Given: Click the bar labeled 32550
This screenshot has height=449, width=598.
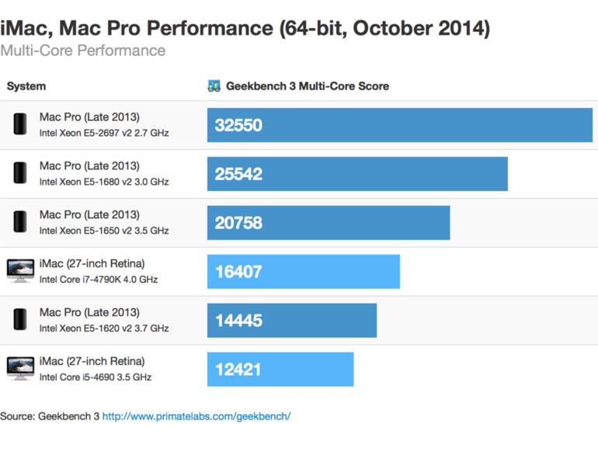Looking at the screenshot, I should pyautogui.click(x=399, y=125).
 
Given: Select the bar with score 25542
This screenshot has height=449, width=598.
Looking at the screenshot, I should pyautogui.click(x=357, y=174).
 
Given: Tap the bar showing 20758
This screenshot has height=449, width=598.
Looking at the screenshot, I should pyautogui.click(x=329, y=223).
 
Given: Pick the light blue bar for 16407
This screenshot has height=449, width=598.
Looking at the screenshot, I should pyautogui.click(x=303, y=272).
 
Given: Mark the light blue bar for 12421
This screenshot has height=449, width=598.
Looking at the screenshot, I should pyautogui.click(x=280, y=370).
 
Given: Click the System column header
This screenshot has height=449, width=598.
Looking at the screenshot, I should pyautogui.click(x=26, y=86).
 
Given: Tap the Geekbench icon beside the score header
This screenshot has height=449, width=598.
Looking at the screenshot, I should pyautogui.click(x=214, y=86).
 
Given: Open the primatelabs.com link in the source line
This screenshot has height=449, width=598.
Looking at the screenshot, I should pyautogui.click(x=196, y=416).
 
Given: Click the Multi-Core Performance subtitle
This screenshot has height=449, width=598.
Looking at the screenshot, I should pyautogui.click(x=82, y=50).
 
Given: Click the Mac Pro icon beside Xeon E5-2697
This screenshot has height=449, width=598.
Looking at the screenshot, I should pyautogui.click(x=20, y=124).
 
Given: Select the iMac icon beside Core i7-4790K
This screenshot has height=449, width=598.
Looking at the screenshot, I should pyautogui.click(x=20, y=271).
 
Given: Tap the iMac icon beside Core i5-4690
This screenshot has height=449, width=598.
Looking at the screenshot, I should pyautogui.click(x=20, y=369).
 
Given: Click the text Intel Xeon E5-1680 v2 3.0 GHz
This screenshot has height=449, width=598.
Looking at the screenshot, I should pyautogui.click(x=104, y=182).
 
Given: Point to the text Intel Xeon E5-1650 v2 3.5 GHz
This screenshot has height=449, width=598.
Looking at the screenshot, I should pyautogui.click(x=104, y=231).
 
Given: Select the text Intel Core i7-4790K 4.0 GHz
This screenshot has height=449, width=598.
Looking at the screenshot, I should pyautogui.click(x=99, y=280).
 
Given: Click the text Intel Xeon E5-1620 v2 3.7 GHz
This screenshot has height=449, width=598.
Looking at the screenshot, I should pyautogui.click(x=104, y=329).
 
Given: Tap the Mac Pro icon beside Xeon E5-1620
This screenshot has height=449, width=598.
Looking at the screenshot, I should pyautogui.click(x=20, y=320).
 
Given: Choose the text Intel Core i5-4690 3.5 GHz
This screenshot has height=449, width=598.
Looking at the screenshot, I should pyautogui.click(x=96, y=378).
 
